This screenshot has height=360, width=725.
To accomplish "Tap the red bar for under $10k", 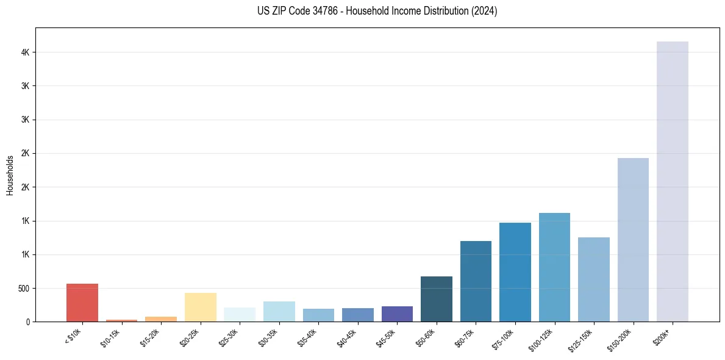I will pos(82,303).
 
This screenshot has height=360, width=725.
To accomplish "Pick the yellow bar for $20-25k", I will pos(200,307).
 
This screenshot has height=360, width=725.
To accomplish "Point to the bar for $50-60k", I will pos(436,299).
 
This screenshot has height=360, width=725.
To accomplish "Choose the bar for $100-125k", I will pos(554,267).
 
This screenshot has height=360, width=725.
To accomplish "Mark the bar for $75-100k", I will pos(515,272).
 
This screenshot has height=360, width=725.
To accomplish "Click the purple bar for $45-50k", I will pos(397,314).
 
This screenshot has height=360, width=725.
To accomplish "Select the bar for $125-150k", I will pos(593,279).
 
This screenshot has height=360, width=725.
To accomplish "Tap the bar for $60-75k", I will pos(476,281).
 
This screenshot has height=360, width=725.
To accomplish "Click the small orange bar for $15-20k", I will pos(161,319).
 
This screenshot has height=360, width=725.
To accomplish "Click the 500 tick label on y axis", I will pos(24,288).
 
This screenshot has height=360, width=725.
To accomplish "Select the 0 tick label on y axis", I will pos(28,322).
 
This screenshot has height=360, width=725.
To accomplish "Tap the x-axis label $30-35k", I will pos(268,337).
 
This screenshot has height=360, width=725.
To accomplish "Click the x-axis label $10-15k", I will pos(111,337).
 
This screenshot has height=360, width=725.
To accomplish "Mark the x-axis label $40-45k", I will pos(347,337).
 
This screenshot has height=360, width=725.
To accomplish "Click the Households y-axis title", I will pos(10,175).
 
